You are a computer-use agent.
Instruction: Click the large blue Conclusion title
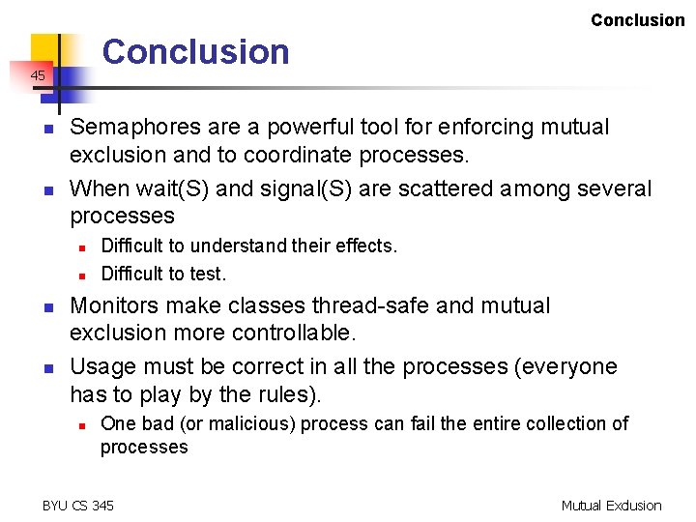(x=196, y=51)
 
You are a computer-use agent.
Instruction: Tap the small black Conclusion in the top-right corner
(x=637, y=20)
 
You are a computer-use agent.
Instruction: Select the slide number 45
(x=37, y=74)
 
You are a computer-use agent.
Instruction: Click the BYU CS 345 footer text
(x=78, y=505)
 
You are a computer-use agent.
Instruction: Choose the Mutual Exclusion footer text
(x=611, y=505)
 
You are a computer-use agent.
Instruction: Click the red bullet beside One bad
(x=83, y=424)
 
